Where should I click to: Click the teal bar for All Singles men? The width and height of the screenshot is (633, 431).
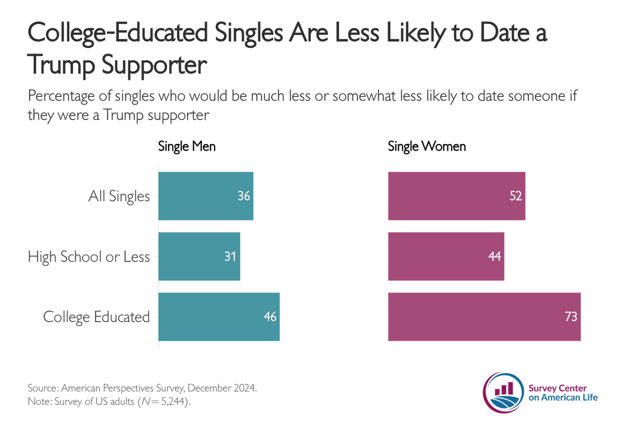tap(205, 196)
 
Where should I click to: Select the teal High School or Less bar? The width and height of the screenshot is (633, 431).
tap(199, 256)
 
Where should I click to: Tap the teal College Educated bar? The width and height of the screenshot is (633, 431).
tap(219, 317)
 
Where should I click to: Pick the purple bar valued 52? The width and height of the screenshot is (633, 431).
tap(456, 196)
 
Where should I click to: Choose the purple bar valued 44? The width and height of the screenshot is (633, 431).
tap(446, 256)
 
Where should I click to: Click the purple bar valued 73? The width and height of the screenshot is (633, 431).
tap(484, 317)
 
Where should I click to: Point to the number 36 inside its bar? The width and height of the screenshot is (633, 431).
tap(243, 196)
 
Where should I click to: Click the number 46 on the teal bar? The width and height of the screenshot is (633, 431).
tap(270, 317)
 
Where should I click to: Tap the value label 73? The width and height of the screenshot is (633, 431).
tap(570, 317)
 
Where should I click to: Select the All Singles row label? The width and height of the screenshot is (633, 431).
tap(119, 196)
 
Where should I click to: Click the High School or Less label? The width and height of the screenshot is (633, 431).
tap(89, 257)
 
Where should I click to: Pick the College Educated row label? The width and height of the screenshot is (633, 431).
tap(96, 317)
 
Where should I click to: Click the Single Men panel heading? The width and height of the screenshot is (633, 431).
tap(186, 146)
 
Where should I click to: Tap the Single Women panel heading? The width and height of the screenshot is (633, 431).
tap(426, 146)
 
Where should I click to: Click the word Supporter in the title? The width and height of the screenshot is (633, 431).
tap(154, 65)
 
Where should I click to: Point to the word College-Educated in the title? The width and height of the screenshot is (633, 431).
tap(118, 32)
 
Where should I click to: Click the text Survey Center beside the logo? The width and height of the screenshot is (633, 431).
tap(557, 388)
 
